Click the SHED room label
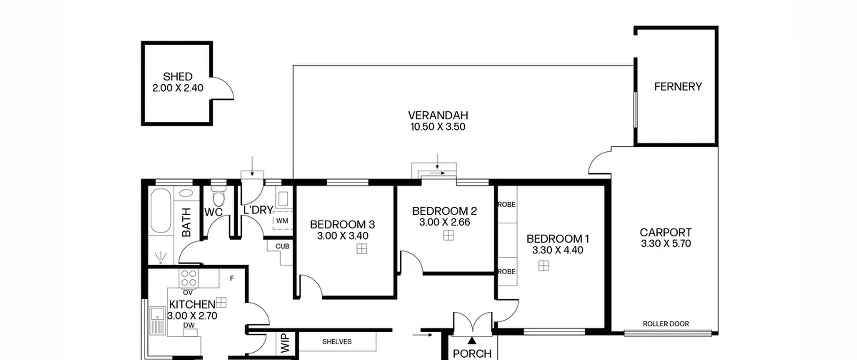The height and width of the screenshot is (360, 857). pos(177,77)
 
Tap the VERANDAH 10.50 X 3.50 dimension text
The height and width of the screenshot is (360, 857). pos(438,127)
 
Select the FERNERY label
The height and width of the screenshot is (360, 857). pos(678,87)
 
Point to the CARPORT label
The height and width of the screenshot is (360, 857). pos(666,232)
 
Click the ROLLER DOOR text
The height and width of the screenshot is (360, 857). pos(666,324)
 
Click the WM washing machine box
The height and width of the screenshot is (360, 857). pos(283,221)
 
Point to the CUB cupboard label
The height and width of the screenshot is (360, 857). pos(283,246)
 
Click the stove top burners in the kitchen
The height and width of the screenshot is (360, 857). pos(189,278)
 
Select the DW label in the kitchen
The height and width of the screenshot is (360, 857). pos(189,325)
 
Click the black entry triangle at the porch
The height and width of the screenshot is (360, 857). pos(472,341)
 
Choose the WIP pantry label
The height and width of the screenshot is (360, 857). pos(285,343)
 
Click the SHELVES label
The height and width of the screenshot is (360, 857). pos(337,342)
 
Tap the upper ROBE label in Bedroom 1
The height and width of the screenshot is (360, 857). pos(507,205)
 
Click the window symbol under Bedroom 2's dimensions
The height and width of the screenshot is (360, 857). pos(448,235)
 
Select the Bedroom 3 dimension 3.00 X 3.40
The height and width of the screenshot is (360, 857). pos(342,236)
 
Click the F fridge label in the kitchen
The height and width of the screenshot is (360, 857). pos(232,278)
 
